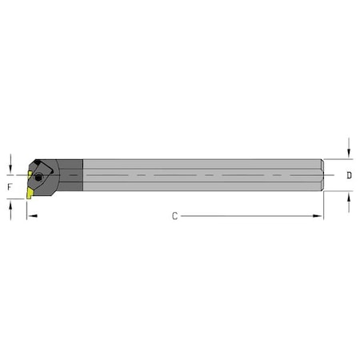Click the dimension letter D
(350, 174)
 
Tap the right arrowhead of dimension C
(319, 216)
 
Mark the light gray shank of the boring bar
(200, 175)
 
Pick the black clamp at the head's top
(45, 165)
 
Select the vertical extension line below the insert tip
(26, 210)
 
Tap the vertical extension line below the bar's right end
(323, 206)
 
